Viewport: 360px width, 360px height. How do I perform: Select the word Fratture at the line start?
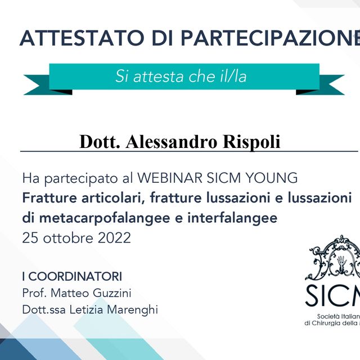coord(48,199)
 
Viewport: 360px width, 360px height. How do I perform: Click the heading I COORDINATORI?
coord(72,276)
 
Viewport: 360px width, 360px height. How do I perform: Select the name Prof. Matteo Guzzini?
coord(77,293)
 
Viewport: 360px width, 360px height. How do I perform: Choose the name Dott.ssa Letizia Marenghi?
coord(90,310)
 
